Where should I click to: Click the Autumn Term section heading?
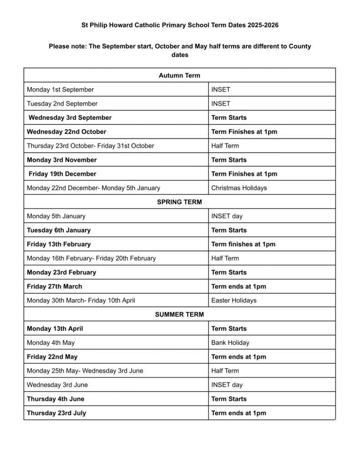(x=179, y=76)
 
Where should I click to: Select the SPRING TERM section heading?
(x=179, y=202)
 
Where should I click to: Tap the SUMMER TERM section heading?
(x=179, y=314)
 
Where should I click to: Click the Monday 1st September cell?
(x=61, y=90)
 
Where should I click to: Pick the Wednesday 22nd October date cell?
(x=66, y=132)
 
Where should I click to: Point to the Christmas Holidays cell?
(x=239, y=188)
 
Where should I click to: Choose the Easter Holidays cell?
(x=234, y=300)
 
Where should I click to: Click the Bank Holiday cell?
(x=230, y=343)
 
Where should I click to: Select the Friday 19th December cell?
(x=62, y=174)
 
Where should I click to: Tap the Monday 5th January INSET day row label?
(x=56, y=216)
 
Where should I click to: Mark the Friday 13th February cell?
(x=59, y=244)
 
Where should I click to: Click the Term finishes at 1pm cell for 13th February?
(x=243, y=244)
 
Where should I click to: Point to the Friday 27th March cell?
(x=55, y=287)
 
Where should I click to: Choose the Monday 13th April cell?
(x=55, y=329)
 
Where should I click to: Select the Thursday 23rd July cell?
(x=56, y=413)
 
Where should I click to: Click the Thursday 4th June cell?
(x=56, y=399)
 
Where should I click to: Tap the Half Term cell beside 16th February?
(x=225, y=258)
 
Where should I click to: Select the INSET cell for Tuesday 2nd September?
(x=221, y=104)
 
